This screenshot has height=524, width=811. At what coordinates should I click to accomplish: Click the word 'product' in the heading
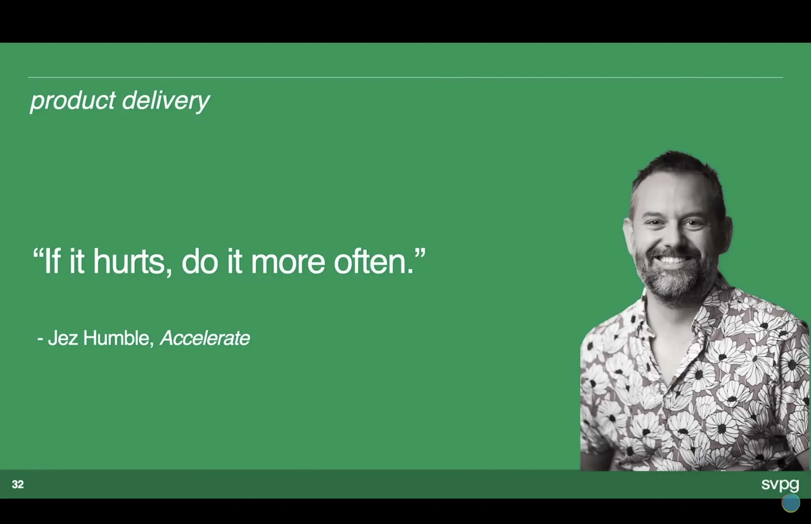point(73,101)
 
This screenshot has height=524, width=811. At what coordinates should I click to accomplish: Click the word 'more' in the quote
point(288,262)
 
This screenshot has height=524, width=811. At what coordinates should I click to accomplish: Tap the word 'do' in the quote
point(200,262)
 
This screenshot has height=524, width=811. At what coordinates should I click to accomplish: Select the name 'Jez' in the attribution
point(63,338)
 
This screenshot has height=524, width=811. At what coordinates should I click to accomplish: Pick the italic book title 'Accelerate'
point(205,338)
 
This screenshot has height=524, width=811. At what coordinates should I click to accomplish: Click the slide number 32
point(18,484)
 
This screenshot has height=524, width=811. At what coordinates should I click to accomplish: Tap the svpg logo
point(780,484)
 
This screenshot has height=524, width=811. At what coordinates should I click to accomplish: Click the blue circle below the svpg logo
point(790,503)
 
